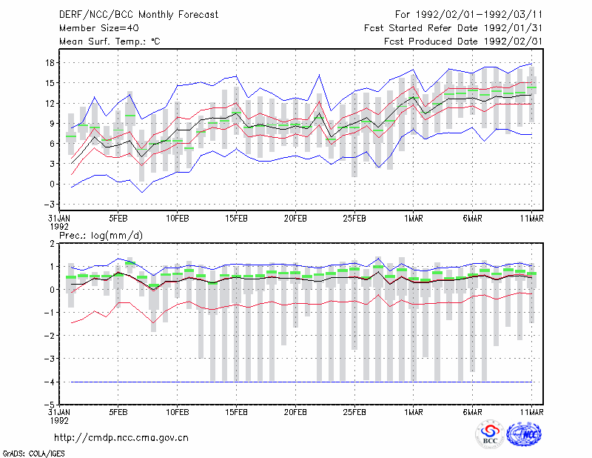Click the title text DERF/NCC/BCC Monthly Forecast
click(138, 15)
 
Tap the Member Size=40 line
click(99, 28)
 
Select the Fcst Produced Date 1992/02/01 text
click(463, 42)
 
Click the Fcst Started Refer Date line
click(453, 28)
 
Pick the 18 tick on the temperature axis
click(50, 63)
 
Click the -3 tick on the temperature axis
click(49, 205)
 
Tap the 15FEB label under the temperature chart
click(236, 219)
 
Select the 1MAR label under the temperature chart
click(414, 219)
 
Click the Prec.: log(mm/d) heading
click(101, 236)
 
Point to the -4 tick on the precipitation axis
click(49, 382)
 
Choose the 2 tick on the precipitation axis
click(52, 244)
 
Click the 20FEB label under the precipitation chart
click(295, 412)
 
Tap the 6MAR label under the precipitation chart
click(472, 412)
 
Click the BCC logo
click(490, 435)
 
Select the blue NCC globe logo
click(524, 434)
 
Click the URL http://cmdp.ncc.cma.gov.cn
click(121, 438)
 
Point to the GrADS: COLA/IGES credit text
click(34, 454)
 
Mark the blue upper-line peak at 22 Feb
click(320, 75)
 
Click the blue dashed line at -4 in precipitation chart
click(301, 382)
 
